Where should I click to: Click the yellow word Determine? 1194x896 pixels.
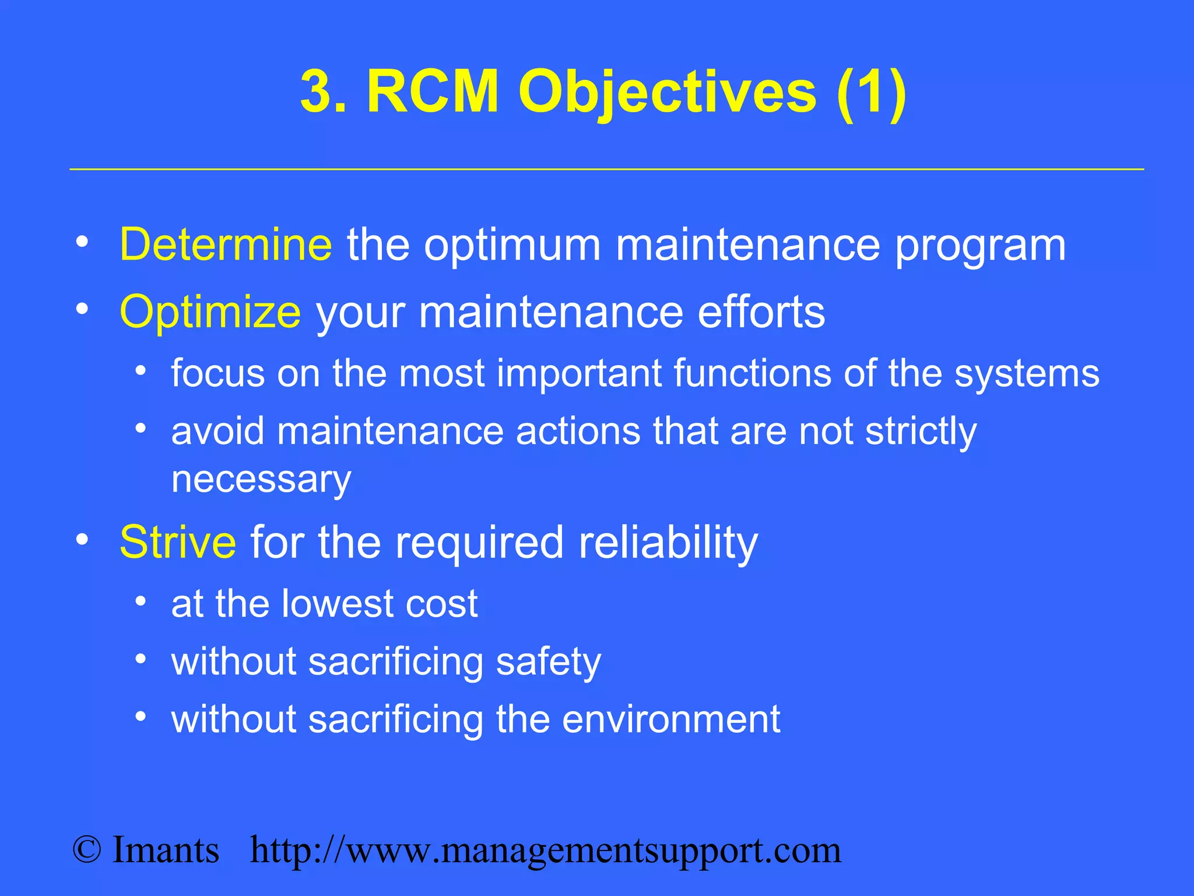click(x=226, y=245)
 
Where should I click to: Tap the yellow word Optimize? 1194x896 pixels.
click(x=210, y=312)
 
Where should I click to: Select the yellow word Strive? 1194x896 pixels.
click(x=178, y=542)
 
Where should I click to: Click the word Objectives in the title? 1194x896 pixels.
click(x=668, y=92)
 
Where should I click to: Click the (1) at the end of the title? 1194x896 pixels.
click(x=871, y=92)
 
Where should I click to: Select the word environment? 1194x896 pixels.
click(x=670, y=719)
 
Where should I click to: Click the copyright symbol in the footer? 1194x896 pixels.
click(x=87, y=850)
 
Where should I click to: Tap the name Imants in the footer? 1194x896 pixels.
click(x=166, y=850)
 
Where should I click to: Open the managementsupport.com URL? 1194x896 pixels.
click(x=546, y=851)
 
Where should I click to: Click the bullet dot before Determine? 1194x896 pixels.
click(x=82, y=242)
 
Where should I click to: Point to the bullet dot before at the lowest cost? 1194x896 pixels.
click(x=141, y=600)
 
